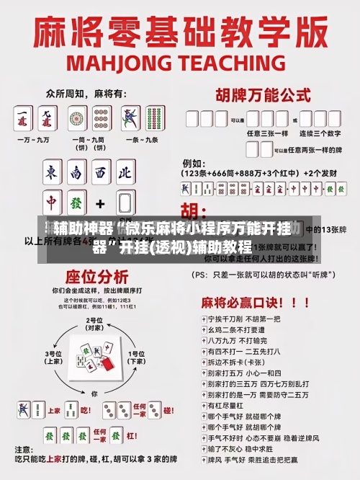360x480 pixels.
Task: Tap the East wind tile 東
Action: pyautogui.click(x=53, y=174)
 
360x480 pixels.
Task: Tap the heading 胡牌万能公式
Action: pyautogui.click(x=259, y=94)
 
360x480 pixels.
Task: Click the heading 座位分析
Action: pyautogui.click(x=87, y=277)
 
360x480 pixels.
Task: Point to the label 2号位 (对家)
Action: pyautogui.click(x=94, y=324)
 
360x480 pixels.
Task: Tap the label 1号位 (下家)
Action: pyautogui.click(x=136, y=357)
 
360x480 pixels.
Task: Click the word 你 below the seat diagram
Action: pyautogui.click(x=94, y=394)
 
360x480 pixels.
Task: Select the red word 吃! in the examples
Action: pyautogui.click(x=85, y=411)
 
